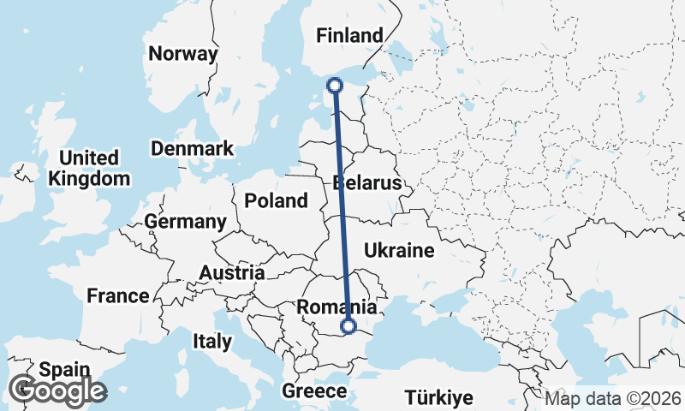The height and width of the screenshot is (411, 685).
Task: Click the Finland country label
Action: point(349,36)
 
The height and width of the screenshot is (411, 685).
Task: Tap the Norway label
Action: point(183,54)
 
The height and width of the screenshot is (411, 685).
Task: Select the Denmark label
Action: point(192,149)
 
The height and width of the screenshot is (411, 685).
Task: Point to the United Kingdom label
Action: point(90,169)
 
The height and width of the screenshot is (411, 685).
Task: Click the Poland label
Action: point(276,201)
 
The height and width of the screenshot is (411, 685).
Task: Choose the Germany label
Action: point(185,222)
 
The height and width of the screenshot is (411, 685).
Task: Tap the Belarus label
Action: point(367,184)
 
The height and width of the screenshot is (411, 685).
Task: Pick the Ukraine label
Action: point(399,251)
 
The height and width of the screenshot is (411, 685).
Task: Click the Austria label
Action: point(231,273)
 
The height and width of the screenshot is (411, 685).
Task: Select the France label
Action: point(118,296)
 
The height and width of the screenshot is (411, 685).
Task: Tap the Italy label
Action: point(212,342)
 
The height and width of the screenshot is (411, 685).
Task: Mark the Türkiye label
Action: point(439,398)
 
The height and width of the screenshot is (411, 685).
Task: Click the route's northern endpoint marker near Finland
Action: point(335,85)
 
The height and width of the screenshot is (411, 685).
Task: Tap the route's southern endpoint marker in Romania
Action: point(348,325)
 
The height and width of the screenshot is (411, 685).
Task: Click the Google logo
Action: point(57,391)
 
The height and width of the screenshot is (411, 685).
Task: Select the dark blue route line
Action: point(342,205)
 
